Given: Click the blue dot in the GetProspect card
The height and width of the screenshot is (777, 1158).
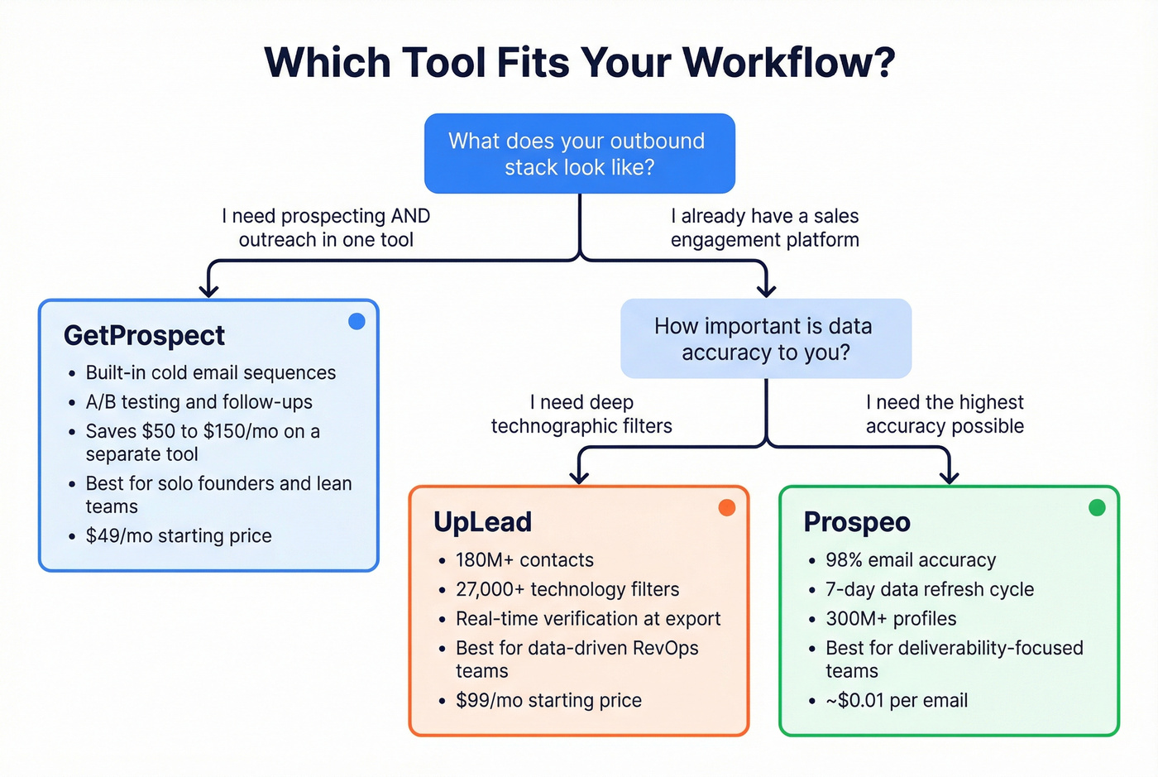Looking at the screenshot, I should pos(356,322).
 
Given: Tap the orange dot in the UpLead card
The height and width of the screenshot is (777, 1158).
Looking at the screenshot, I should pos(727,508).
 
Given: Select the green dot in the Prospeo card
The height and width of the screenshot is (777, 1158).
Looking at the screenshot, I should pos(1097,508).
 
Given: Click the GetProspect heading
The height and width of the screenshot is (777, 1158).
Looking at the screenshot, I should pos(144,336).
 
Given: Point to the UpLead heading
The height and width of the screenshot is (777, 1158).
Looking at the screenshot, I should pos(482,522).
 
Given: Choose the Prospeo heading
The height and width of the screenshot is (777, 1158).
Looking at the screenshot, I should pos(857,522).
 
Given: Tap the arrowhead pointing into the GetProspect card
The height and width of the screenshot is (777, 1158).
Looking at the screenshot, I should pos(209,290).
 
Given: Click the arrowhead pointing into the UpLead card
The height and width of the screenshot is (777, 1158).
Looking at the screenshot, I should pos(579,476).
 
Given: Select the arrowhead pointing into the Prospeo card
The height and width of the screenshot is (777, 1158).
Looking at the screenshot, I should pos(950,476).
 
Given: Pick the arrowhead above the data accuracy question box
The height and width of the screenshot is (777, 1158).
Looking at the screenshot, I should pos(766,290).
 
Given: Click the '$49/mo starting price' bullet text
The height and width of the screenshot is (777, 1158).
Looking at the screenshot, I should pos(179,536).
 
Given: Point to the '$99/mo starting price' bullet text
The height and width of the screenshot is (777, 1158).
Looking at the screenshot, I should pos(548,701).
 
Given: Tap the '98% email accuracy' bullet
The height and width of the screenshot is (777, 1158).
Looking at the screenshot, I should pos(911,560).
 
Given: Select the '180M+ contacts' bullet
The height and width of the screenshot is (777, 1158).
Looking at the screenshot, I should pos(524,560).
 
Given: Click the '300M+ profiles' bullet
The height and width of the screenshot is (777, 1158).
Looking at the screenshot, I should pos(891,619).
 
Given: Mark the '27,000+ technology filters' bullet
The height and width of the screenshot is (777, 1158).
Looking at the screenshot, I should pos(567,589).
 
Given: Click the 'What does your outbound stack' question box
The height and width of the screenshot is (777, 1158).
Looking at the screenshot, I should pos(579,154).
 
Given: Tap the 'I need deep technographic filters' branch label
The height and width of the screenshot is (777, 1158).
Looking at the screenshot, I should pos(581,415).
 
